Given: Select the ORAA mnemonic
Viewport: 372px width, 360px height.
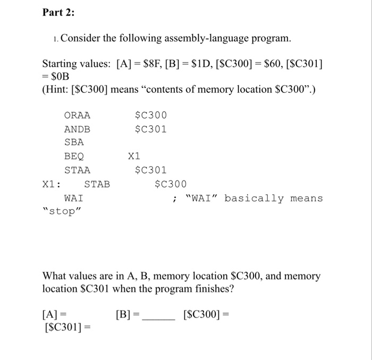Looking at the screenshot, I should click(77, 115).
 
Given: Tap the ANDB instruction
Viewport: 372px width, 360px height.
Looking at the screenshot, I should click(77, 129).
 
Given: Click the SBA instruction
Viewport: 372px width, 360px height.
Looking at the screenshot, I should click(74, 143).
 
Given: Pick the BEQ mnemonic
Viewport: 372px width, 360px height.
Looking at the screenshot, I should click(74, 157).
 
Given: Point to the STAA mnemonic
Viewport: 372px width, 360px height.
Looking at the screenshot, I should click(77, 170).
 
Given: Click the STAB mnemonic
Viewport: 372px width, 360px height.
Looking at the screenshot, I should click(97, 184).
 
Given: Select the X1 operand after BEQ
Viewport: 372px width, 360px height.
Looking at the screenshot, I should click(134, 157).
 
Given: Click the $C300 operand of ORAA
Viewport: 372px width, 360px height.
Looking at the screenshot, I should click(151, 115).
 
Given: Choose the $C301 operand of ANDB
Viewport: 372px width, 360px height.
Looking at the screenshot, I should click(151, 129).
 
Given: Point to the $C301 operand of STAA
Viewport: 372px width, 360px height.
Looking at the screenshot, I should click(151, 170).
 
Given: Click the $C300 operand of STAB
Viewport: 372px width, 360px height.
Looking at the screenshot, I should click(171, 184).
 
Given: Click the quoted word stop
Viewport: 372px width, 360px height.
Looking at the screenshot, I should click(63, 212).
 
